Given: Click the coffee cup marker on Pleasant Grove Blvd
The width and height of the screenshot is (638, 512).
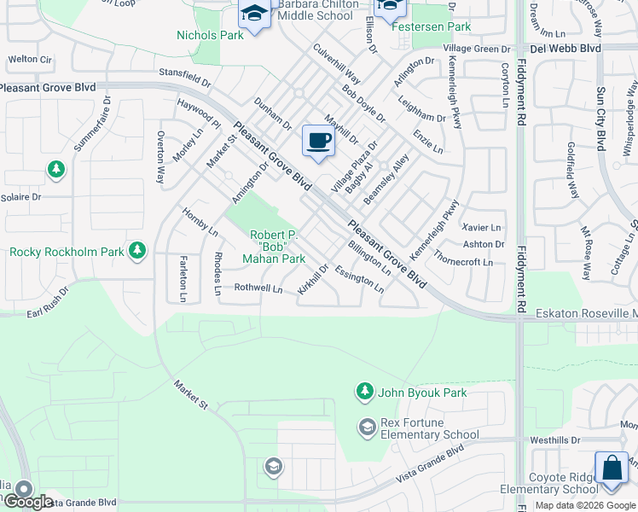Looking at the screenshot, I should (x=319, y=141).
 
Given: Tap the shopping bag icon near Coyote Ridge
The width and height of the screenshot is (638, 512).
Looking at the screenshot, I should (x=612, y=468).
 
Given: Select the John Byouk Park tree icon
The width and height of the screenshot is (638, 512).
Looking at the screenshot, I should (x=364, y=391).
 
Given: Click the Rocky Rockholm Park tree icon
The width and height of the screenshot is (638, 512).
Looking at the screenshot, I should (x=136, y=251).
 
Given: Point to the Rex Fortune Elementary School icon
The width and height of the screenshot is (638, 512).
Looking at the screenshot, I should (x=367, y=427).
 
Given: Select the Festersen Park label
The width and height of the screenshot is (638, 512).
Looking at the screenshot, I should (x=431, y=26).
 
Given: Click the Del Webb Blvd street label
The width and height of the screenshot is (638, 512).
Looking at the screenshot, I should (x=564, y=49).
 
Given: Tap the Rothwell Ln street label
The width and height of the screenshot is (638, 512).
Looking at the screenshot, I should (x=258, y=288).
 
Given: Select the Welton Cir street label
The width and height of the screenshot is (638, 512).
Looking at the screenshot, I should (x=30, y=60).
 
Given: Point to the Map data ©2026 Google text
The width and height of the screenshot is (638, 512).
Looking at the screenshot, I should (x=583, y=505).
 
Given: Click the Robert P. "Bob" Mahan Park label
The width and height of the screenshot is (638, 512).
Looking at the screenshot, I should (x=274, y=247).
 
